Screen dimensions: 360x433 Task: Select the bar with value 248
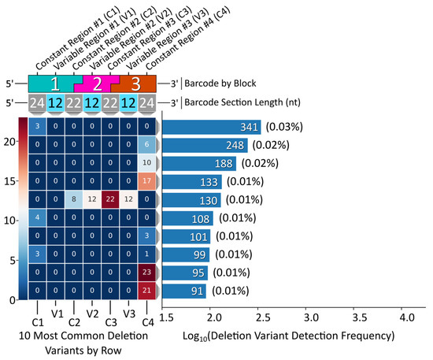(205, 145)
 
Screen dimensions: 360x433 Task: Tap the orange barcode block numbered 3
(135, 84)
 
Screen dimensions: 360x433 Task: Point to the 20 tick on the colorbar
(9, 141)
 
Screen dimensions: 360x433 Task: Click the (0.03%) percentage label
(286, 127)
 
